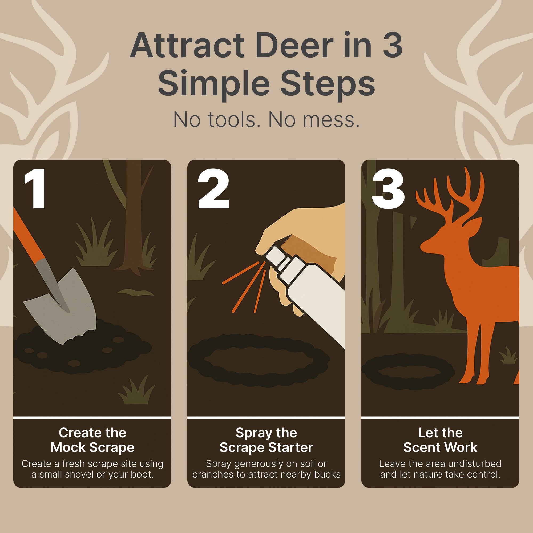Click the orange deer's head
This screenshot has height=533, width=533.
(447, 237)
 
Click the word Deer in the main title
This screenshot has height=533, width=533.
(294, 45)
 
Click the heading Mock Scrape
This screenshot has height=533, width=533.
(92, 447)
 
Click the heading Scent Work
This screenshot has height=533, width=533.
(440, 447)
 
